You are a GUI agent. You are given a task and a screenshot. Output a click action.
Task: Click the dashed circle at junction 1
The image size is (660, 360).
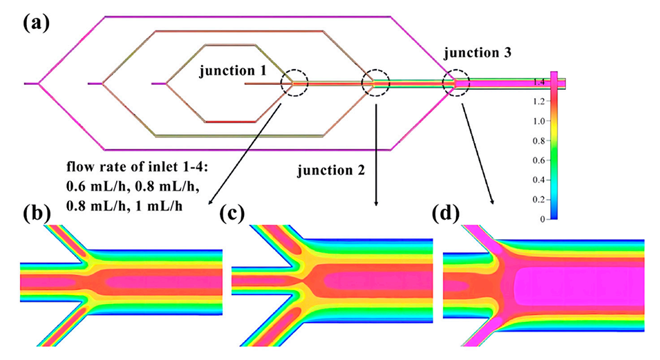coord(295,83)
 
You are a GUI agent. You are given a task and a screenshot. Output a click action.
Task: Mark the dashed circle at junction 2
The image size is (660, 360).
coord(376,83)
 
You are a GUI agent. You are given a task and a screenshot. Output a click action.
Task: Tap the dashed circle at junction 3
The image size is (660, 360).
coord(456,83)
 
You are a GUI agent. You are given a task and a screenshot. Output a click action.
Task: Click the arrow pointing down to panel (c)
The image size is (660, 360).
coord(376,151)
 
